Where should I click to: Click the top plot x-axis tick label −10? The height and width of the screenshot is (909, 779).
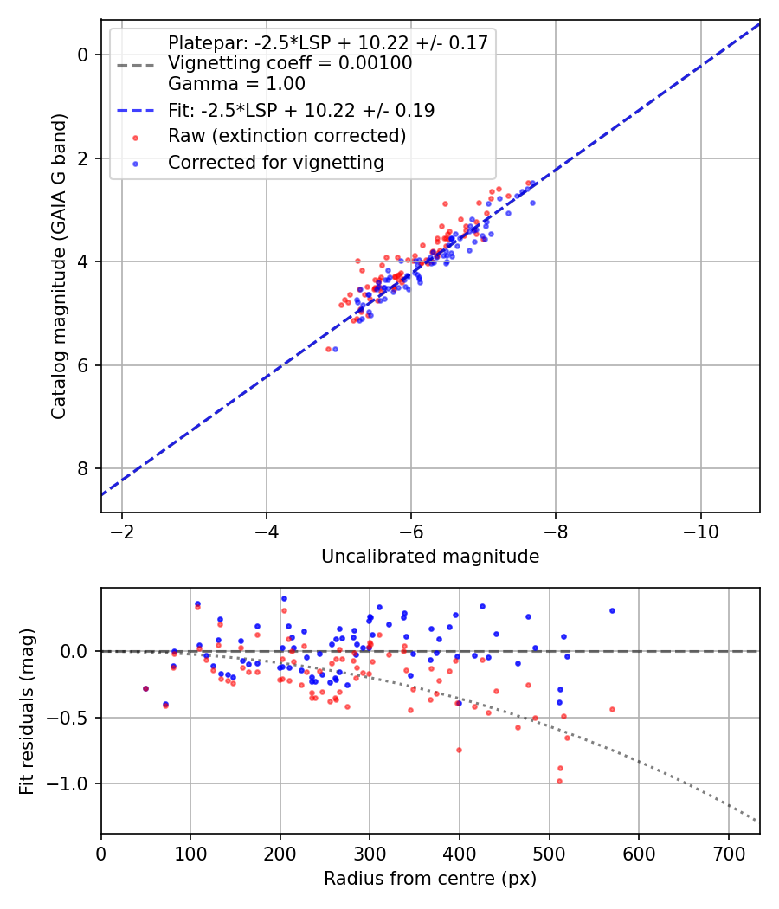point(699,531)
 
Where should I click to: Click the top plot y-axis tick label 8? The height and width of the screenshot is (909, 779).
point(84,468)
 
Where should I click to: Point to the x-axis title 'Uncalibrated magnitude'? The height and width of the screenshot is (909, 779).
point(430,557)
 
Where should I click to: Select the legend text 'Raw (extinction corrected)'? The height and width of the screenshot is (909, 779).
point(286,136)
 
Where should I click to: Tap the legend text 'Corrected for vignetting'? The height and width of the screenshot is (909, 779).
point(275,162)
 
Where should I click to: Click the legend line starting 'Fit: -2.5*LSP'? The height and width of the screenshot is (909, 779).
point(301,110)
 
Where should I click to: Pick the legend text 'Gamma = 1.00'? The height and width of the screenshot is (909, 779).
point(236,84)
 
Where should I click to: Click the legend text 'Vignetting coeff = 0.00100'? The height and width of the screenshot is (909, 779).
point(290,63)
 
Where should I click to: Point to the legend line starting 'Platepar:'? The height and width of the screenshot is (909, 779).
point(328,42)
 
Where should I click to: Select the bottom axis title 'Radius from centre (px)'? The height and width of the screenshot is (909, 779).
point(430,879)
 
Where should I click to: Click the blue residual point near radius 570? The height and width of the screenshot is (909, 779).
point(612,610)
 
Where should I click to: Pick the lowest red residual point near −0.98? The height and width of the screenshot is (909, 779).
point(559,781)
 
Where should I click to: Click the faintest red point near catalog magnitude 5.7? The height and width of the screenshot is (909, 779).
point(328,349)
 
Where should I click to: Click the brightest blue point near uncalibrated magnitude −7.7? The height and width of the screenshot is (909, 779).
point(532,203)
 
